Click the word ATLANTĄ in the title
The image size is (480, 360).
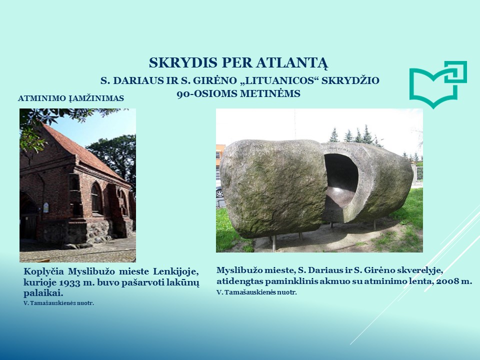292,63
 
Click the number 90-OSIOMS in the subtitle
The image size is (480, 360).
206,93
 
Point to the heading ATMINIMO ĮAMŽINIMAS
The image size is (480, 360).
71,98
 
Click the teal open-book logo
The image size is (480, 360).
438,84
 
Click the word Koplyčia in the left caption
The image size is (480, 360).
44,272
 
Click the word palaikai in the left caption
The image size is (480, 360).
43,293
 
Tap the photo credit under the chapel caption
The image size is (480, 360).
59,303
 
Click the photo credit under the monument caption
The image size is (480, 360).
256,292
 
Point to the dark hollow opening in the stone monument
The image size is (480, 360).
340,173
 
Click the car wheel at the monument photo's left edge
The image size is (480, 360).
219,193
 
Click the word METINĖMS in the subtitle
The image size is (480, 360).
270,93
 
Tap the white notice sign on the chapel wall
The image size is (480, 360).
45,207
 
